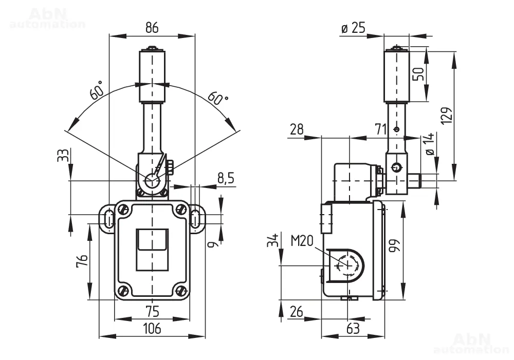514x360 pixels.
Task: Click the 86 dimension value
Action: point(152,28)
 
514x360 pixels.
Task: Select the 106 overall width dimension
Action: point(153,328)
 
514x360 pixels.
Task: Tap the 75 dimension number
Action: point(153,311)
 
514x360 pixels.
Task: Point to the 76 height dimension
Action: point(82,261)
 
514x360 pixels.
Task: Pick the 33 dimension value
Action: point(63,155)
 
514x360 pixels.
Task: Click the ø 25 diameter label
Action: point(353,28)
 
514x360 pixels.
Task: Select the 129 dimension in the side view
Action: point(447,116)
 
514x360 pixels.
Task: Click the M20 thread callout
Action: point(302,241)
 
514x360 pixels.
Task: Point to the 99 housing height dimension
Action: point(394,245)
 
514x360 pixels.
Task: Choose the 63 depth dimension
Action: point(353,329)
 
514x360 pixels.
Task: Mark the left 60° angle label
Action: point(97,90)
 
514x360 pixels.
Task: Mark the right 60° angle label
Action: point(217,97)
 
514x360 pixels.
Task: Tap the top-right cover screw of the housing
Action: point(180,209)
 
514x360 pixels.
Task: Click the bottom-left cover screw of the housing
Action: point(123,290)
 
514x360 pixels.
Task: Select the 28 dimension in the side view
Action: point(297,130)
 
